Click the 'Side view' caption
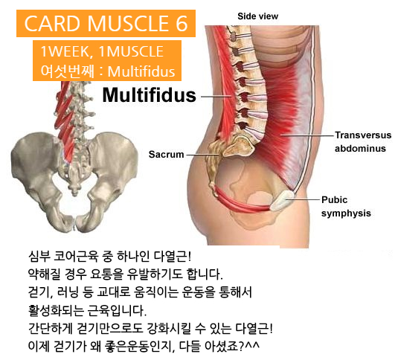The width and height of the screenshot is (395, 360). click(257, 16)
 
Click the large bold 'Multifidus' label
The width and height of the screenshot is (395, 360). click(149, 95)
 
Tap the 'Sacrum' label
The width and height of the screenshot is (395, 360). click(167, 154)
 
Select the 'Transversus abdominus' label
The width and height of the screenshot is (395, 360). click(363, 142)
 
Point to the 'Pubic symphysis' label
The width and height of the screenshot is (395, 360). click(346, 207)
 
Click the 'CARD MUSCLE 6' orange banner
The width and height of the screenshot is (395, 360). click(106, 23)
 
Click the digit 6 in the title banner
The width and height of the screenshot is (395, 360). click(182, 23)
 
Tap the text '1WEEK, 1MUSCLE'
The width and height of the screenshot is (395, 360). click(102, 51)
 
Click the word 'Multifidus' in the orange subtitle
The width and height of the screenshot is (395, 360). click(141, 71)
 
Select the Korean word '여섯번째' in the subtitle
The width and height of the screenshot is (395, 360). click(68, 71)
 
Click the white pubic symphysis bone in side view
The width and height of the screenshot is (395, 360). click(283, 200)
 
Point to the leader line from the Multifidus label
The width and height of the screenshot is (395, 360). click(216, 97)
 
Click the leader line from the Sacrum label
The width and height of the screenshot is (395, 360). click(202, 155)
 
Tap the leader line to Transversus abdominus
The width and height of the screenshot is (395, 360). click(307, 135)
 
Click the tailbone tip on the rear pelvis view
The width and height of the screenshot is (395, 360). click(74, 193)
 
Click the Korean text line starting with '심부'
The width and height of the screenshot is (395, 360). click(110, 257)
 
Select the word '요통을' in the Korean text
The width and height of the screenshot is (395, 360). click(106, 274)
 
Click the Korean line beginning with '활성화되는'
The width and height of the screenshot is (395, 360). click(87, 310)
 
